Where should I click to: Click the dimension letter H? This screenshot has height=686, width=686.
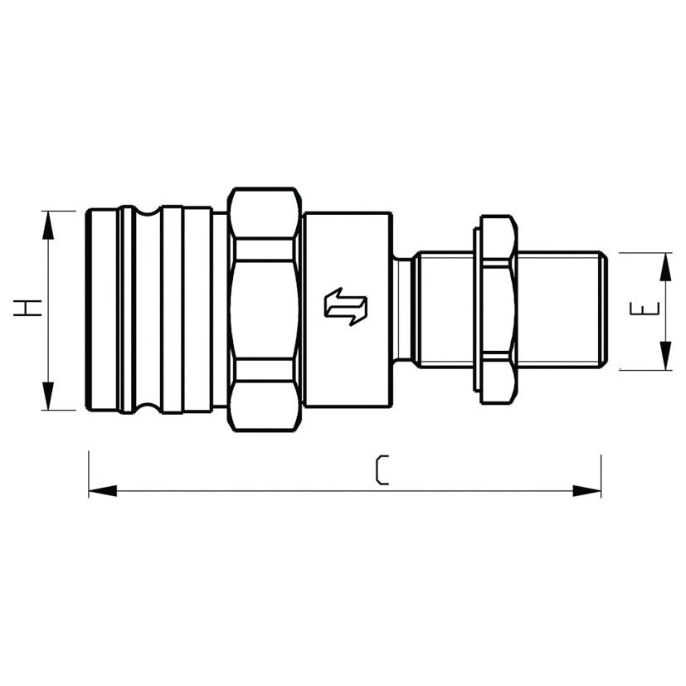click(27, 308)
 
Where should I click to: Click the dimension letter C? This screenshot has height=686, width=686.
click(382, 469)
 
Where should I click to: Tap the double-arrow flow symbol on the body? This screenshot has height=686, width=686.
click(345, 306)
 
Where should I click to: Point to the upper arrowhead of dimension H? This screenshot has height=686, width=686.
click(48, 225)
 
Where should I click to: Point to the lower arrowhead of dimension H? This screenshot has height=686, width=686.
click(48, 396)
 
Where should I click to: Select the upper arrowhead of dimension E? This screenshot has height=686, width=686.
click(665, 266)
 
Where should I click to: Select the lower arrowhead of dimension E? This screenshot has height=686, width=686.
click(665, 356)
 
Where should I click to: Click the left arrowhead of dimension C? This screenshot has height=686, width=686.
click(103, 490)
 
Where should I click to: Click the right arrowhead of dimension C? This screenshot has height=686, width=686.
click(586, 490)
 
